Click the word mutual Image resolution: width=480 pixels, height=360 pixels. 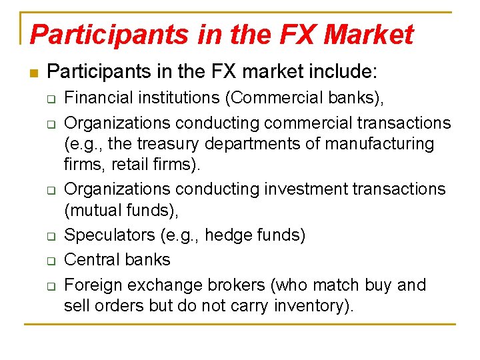(95, 211)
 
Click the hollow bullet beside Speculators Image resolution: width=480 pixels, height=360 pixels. (49, 236)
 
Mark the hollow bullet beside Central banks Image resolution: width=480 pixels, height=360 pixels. (49, 261)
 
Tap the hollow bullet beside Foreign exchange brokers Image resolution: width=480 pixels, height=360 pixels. (49, 286)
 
